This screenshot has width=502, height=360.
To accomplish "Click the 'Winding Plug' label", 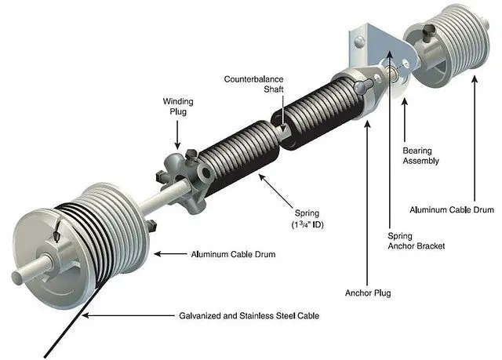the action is [178, 107].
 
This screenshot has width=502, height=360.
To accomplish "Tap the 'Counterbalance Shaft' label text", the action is [253, 84].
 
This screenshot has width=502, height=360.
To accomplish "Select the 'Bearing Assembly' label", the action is [420, 155].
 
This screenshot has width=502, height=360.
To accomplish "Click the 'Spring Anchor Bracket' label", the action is [417, 241].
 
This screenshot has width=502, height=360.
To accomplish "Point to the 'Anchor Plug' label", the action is [368, 293].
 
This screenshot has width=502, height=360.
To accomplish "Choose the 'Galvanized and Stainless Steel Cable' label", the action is [249, 316].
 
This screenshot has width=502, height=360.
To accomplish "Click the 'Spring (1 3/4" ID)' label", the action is [307, 219].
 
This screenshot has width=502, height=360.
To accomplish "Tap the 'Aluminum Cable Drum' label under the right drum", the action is [452, 210].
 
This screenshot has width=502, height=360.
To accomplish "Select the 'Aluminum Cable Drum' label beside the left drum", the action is [233, 254].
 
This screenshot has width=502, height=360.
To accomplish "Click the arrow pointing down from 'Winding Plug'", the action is [177, 135].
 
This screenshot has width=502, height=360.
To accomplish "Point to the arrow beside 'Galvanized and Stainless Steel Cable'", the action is [128, 315].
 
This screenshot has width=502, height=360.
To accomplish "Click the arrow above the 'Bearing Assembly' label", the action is [405, 120].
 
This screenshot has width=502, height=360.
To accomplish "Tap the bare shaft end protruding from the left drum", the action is [32, 269].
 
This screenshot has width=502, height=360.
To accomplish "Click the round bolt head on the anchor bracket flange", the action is [359, 42].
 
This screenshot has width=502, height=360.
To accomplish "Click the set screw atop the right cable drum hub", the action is [428, 34].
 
